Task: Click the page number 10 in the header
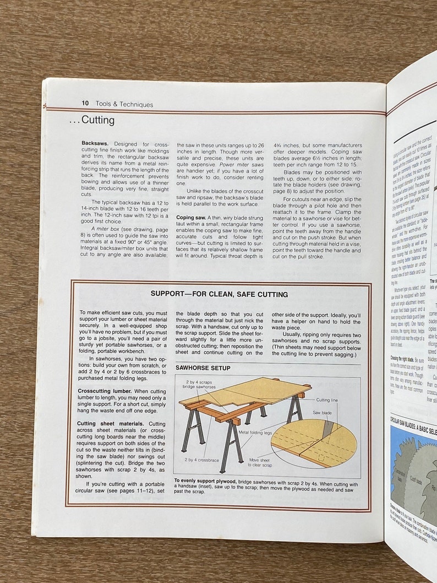tap(85, 103)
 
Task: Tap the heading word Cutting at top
tap(97, 120)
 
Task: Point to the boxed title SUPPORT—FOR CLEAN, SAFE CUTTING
tap(219, 294)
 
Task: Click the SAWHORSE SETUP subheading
tap(203, 368)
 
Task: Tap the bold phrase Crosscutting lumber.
tap(103, 391)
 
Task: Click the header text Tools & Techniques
tap(124, 104)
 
